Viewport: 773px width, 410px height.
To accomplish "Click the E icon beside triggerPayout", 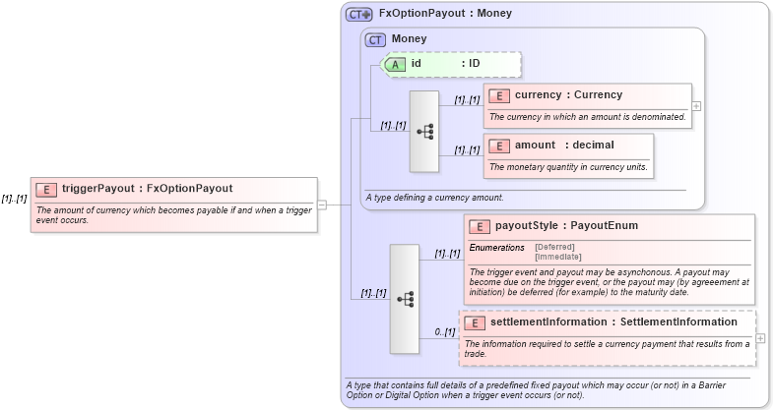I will click(x=46, y=189).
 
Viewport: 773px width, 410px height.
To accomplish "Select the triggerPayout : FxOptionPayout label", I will click(x=147, y=189).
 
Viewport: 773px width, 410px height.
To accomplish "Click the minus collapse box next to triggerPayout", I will click(x=322, y=205).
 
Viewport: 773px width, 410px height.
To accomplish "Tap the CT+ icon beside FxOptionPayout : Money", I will click(x=359, y=15).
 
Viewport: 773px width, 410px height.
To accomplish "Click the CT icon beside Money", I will click(x=375, y=40).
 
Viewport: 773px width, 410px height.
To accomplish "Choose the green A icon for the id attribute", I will click(x=395, y=64).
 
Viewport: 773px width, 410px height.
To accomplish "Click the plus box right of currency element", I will click(x=696, y=105).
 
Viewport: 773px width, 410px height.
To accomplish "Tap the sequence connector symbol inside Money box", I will click(x=425, y=131).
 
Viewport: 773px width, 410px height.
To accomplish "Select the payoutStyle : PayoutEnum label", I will click(x=565, y=226).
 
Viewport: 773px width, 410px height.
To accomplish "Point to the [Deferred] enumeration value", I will click(x=554, y=247).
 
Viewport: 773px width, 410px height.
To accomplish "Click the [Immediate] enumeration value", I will click(x=557, y=257).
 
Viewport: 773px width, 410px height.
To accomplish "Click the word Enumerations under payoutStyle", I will click(x=496, y=247).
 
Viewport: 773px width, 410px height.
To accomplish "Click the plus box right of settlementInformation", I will click(x=760, y=338).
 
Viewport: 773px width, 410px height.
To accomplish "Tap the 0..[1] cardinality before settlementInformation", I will click(x=445, y=332).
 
